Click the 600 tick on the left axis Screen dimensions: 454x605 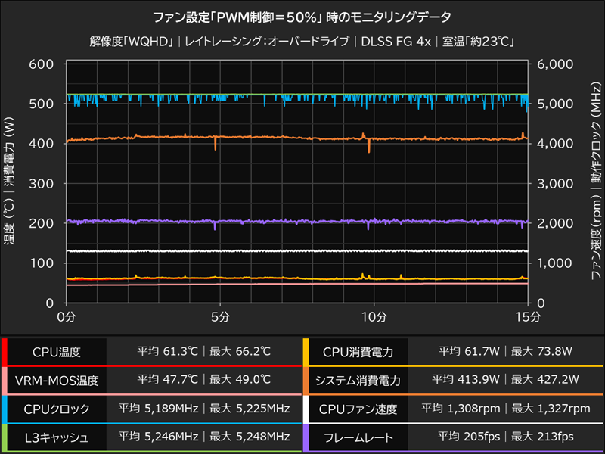click(42, 64)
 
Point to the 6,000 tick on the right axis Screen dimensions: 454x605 click(555, 64)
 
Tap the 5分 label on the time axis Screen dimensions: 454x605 click(219, 316)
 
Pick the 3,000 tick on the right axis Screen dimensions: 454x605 click(555, 184)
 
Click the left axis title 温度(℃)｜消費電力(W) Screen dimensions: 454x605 click(11, 184)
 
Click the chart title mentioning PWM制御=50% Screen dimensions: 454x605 click(303, 16)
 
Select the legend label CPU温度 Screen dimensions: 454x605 click(57, 352)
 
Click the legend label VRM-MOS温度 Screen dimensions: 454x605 click(57, 380)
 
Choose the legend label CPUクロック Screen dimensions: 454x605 click(57, 409)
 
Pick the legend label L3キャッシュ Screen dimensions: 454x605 click(57, 437)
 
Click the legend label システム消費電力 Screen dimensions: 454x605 click(356, 380)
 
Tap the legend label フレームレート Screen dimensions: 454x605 click(356, 437)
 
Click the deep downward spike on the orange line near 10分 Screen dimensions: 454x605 click(369, 149)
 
